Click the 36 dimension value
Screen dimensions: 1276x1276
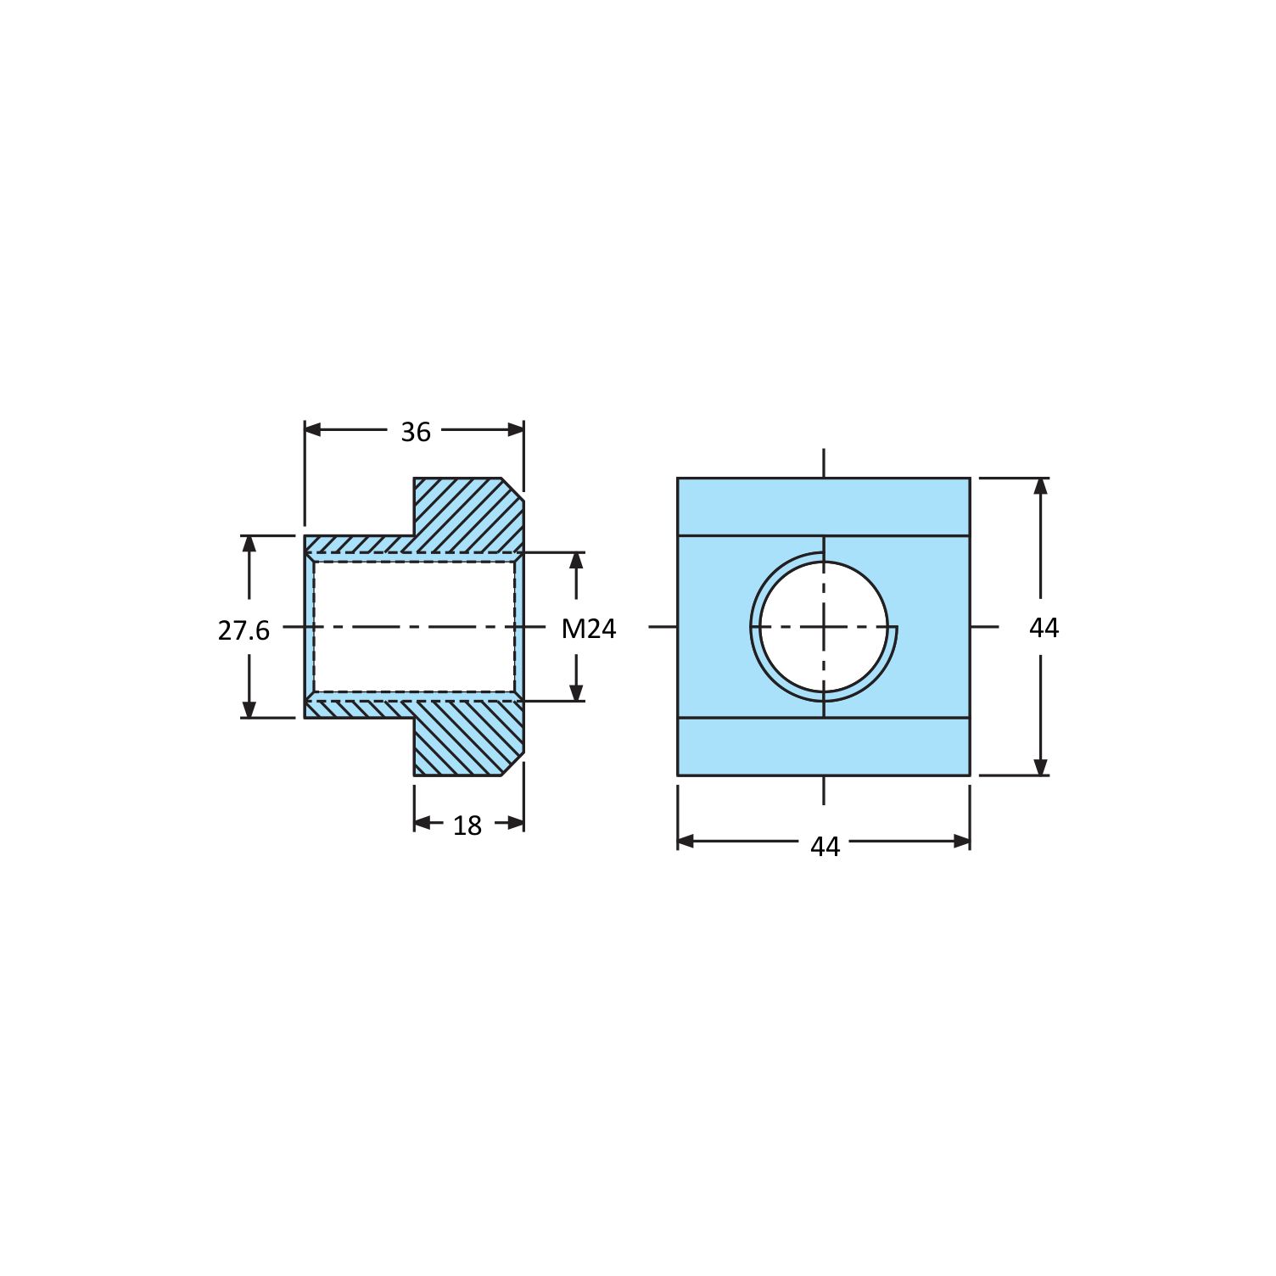[416, 432]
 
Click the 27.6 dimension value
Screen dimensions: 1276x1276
[243, 630]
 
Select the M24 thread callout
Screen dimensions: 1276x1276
[589, 629]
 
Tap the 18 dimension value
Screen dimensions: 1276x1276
[467, 825]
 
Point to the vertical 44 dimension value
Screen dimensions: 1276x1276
[1044, 628]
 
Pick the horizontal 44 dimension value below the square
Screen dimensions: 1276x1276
[825, 847]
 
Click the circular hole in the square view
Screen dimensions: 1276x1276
[824, 627]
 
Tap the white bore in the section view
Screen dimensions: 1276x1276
[414, 627]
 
